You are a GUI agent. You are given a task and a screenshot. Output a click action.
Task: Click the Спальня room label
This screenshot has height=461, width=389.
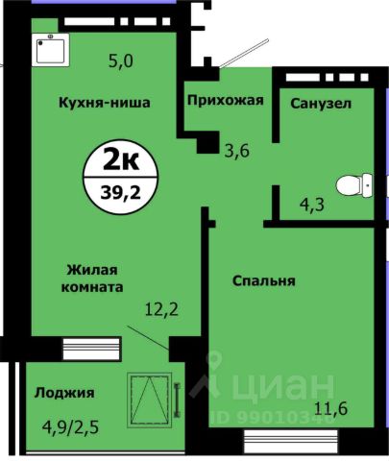click(x=262, y=280)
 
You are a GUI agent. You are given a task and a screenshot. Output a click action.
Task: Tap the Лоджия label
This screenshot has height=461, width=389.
click(x=63, y=392)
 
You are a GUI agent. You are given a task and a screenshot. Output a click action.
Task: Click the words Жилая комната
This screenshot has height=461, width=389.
click(x=94, y=278)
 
